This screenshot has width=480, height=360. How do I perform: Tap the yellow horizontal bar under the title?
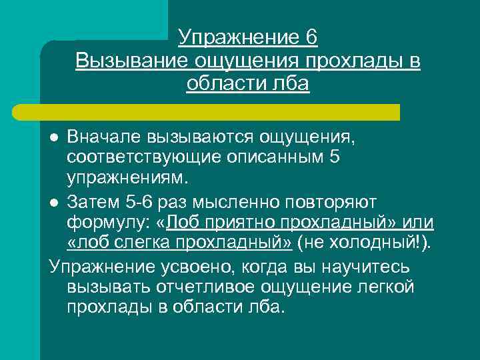(x=220, y=112)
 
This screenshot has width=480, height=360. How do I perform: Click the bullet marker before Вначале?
(x=55, y=137)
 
